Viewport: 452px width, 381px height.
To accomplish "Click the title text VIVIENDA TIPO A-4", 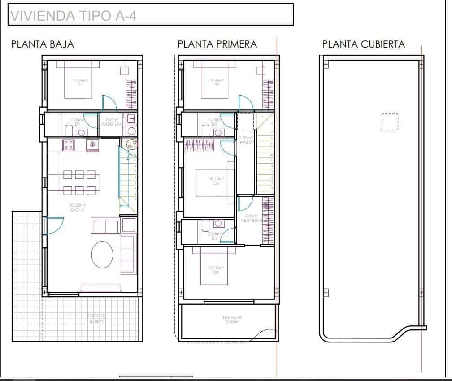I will pyautogui.click(x=73, y=16).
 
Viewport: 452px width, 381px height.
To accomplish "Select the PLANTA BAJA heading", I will pyautogui.click(x=43, y=44).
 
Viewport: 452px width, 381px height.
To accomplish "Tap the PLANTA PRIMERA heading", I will pyautogui.click(x=217, y=44).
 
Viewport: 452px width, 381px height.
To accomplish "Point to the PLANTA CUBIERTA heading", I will pyautogui.click(x=363, y=44).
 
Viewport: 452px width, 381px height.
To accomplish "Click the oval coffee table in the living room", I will pyautogui.click(x=102, y=255).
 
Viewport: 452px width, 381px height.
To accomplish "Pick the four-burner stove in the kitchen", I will pyautogui.click(x=68, y=145).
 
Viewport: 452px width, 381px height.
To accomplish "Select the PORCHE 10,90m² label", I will pyautogui.click(x=96, y=319).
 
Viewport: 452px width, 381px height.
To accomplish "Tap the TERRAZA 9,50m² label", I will pyautogui.click(x=232, y=320).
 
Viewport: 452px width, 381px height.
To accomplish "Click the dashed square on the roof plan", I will pyautogui.click(x=390, y=121).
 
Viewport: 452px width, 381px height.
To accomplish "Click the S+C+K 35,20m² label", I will pyautogui.click(x=78, y=208).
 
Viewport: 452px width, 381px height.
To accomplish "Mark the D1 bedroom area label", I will pyautogui.click(x=80, y=82).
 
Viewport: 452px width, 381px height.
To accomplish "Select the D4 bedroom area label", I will pyautogui.click(x=216, y=270).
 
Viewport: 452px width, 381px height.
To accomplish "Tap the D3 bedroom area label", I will pyautogui.click(x=216, y=181).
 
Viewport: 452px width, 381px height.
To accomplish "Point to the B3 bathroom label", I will pyautogui.click(x=214, y=236).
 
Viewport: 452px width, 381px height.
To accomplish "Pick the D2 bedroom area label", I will pyautogui.click(x=216, y=82).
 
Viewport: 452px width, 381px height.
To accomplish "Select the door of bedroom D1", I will pyautogui.click(x=109, y=104).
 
